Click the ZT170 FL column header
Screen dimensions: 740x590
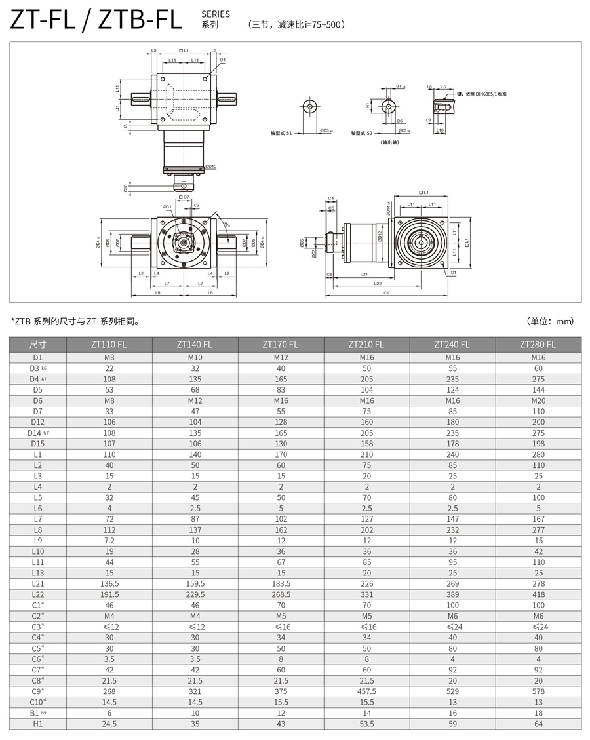coord(280,344)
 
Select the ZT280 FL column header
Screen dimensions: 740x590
coord(538,344)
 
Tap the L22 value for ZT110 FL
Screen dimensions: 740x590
coord(109,594)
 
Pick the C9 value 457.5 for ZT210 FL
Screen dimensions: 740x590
coord(366,691)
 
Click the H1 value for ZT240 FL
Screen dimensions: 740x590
coord(452,724)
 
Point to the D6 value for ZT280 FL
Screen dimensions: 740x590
coord(538,400)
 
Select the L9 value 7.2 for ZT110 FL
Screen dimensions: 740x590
coord(109,541)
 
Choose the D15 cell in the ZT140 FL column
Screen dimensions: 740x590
coord(194,444)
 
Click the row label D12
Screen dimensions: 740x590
coord(37,422)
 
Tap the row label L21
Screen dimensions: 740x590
coord(37,584)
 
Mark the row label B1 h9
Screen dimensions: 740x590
coord(37,713)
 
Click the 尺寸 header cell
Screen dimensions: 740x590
coord(37,344)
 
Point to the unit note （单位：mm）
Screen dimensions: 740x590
coord(550,321)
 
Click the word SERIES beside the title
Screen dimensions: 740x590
coord(216,14)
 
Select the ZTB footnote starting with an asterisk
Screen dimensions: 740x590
coord(75,321)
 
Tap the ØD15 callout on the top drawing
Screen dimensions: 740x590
coord(210,166)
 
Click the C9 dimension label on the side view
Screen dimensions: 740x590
coord(386,293)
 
